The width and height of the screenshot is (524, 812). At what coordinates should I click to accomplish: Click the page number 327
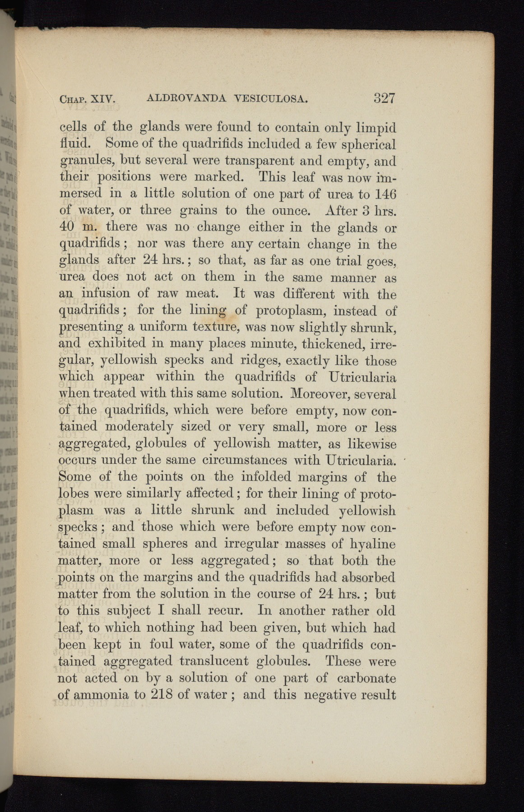[x=384, y=98]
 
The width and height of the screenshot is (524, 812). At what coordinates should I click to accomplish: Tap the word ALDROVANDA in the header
[x=186, y=98]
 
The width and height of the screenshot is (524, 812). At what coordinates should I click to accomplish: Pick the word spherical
[x=369, y=145]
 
